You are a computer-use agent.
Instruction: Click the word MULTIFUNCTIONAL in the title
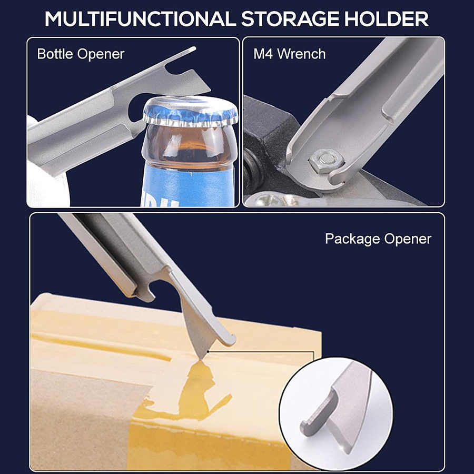(140, 19)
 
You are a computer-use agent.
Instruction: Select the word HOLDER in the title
(387, 19)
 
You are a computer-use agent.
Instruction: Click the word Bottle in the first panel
(55, 54)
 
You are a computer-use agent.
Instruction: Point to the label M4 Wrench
(289, 54)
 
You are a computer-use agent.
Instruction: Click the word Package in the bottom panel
(352, 239)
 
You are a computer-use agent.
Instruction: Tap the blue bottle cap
(190, 111)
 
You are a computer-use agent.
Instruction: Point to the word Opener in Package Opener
(408, 239)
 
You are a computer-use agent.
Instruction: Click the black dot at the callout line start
(208, 352)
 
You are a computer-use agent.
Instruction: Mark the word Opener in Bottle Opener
(101, 54)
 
